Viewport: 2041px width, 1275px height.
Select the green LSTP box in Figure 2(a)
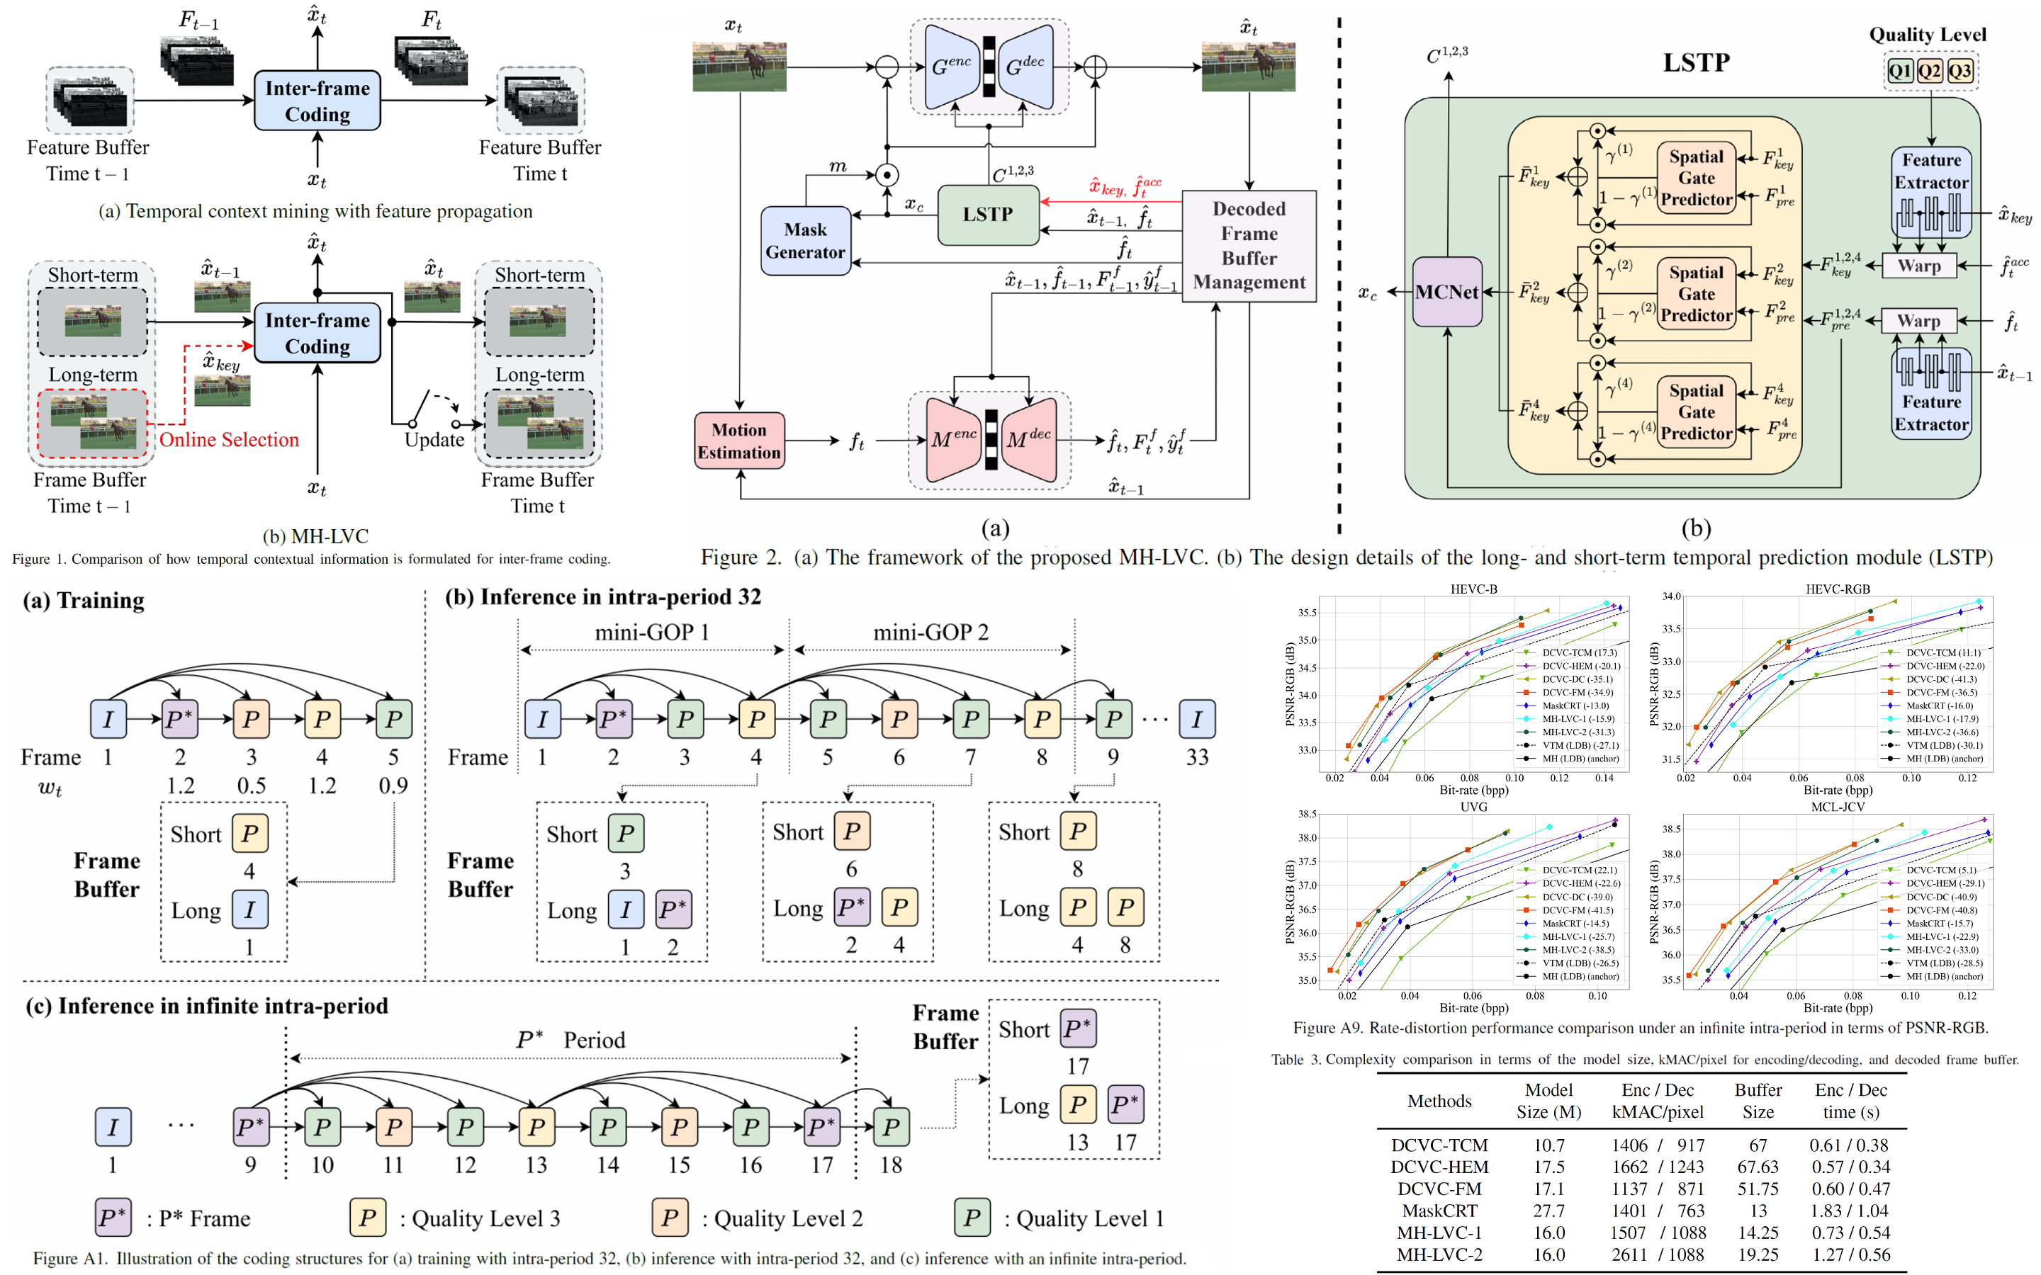(988, 215)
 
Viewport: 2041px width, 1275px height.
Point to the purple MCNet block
(1447, 292)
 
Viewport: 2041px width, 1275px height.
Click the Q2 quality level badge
(1930, 70)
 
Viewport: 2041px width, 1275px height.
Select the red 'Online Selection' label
(229, 439)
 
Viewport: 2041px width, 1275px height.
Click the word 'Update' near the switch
(434, 439)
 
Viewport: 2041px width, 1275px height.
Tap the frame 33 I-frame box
(1197, 719)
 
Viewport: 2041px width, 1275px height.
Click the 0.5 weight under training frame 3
(252, 786)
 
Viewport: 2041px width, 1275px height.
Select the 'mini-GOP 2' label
(930, 633)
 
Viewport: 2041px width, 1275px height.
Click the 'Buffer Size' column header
(1758, 1101)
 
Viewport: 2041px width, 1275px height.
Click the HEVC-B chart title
(1473, 589)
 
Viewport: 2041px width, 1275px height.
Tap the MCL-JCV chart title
(1837, 806)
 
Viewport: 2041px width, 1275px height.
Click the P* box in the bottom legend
(112, 1218)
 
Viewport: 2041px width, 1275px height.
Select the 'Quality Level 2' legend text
(788, 1218)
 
